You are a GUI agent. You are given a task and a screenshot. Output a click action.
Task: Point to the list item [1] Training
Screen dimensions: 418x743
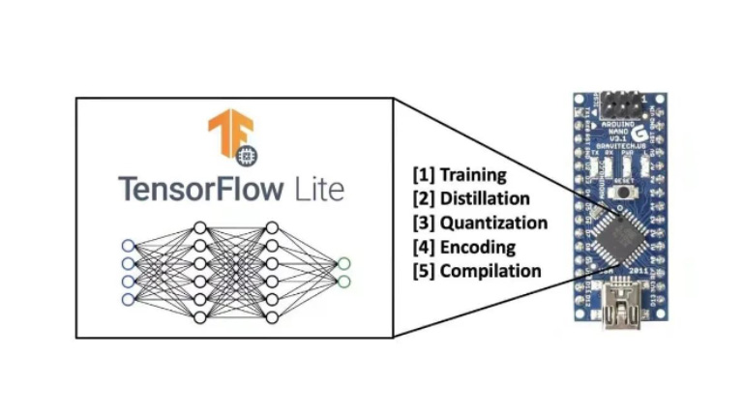coord(460,175)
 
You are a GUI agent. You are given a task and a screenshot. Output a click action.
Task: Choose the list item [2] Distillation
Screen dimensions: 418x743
coord(471,198)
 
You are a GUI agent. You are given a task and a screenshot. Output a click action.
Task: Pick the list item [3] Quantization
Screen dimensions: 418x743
coord(480,223)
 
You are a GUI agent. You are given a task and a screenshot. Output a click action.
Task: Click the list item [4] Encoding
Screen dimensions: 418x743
coord(464,247)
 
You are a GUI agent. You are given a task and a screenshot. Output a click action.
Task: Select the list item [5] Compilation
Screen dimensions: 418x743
coord(477,271)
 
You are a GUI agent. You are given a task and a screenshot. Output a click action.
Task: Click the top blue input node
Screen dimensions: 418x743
coord(127,244)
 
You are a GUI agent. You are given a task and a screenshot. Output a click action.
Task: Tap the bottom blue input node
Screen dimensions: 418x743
coord(127,299)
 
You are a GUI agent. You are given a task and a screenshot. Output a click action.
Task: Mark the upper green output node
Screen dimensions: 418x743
coord(343,262)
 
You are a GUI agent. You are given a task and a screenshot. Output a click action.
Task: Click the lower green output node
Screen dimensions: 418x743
coord(343,281)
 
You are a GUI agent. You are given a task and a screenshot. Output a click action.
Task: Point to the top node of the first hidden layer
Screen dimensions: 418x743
coord(200,226)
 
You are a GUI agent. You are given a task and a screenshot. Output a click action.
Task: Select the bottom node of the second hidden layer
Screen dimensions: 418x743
coord(272,317)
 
